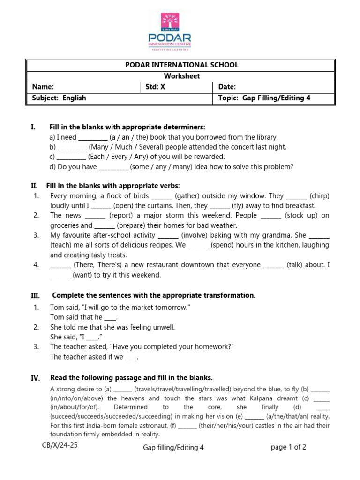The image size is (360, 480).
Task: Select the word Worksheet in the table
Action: coord(181,76)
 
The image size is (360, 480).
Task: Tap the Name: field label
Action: coord(43,87)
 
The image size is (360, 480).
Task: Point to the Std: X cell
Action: coord(155,87)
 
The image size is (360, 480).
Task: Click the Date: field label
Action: coord(227,87)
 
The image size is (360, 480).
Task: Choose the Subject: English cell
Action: coord(59,98)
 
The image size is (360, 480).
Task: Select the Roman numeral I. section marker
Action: coord(33,127)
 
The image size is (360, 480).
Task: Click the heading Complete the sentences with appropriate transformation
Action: coord(154,295)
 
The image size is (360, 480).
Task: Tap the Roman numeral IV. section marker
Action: coord(36,378)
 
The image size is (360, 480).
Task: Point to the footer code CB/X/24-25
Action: coord(60,445)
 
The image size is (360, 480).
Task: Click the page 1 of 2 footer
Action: coord(288,447)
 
